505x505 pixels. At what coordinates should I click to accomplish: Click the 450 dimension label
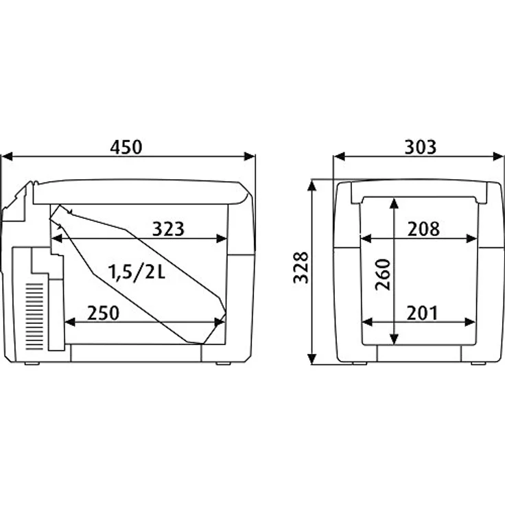(126, 147)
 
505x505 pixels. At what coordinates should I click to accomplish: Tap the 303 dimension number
(421, 147)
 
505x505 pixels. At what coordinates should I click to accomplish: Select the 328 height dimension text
(301, 268)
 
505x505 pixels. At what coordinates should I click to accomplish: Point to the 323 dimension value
(168, 229)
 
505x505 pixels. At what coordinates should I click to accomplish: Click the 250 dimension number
(103, 313)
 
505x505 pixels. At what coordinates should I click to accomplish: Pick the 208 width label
(423, 229)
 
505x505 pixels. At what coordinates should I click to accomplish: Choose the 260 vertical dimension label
(383, 274)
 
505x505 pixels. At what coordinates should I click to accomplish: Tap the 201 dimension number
(422, 313)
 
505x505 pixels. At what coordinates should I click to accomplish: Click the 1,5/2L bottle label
(137, 272)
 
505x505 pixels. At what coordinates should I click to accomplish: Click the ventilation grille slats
(34, 316)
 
